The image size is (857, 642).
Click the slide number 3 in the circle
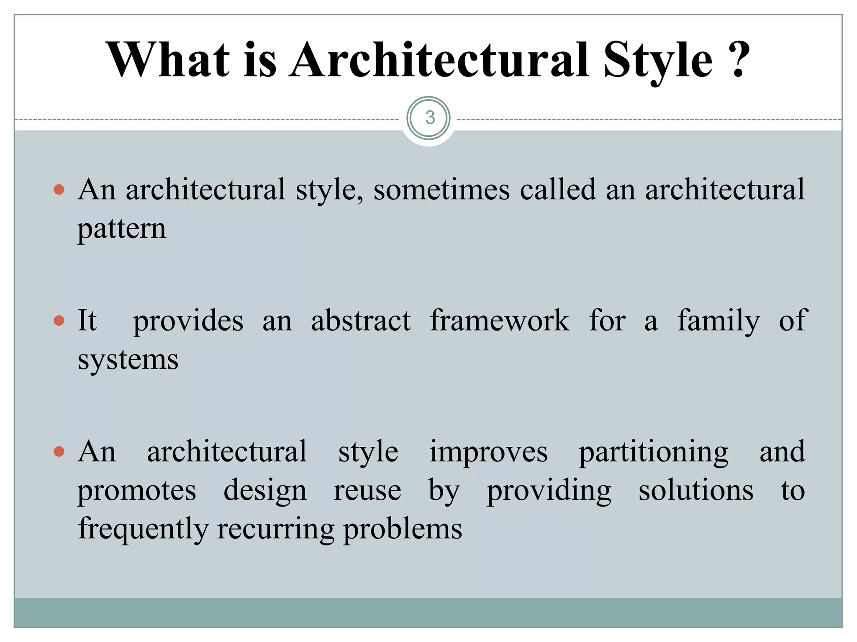(429, 118)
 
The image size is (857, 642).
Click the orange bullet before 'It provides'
(59, 321)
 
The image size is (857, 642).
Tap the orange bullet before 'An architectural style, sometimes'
(59, 190)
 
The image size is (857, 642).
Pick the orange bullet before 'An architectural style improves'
(59, 452)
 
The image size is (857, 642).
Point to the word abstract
(361, 321)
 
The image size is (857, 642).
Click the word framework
(500, 321)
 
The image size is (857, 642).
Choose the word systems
(128, 360)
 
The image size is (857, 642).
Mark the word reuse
(367, 491)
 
